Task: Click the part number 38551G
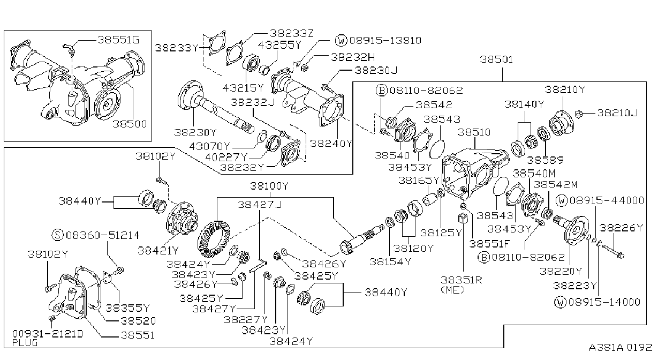click(118, 40)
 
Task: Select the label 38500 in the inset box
click(130, 124)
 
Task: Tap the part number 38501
click(496, 59)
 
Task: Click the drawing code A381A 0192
click(621, 348)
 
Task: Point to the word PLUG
click(25, 343)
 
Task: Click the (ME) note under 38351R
click(452, 290)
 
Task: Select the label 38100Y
click(269, 186)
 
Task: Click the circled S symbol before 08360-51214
click(58, 235)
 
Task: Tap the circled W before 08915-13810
click(341, 40)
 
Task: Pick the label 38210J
click(617, 113)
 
